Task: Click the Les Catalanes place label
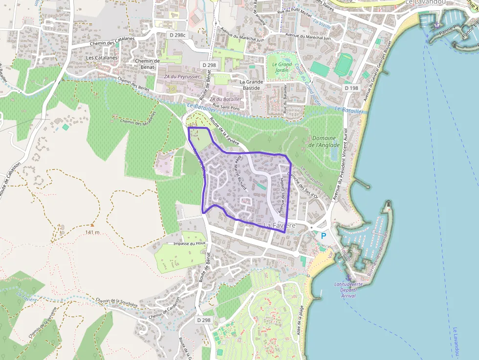coord(102,58)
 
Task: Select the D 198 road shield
coord(351,88)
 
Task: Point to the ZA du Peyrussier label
coord(181,77)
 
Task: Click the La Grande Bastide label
coord(251,85)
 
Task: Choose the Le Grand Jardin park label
coord(282,67)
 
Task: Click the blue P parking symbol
coord(323,235)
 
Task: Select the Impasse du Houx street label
coord(190,243)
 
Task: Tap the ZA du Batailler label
coord(225,99)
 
